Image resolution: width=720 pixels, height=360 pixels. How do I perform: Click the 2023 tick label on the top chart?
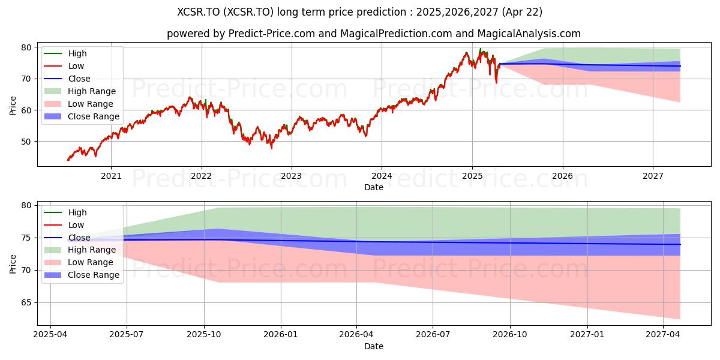291,176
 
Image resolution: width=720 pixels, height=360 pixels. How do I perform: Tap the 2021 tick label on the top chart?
111,176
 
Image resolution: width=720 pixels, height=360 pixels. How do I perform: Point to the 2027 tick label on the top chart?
653,176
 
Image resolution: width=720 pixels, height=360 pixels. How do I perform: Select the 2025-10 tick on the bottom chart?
204,335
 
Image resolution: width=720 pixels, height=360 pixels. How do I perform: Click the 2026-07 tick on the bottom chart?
433,335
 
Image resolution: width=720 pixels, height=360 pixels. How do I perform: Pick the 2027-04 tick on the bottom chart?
663,335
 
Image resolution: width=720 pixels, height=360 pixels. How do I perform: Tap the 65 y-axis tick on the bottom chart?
26,303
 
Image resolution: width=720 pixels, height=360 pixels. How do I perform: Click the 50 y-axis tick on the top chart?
26,142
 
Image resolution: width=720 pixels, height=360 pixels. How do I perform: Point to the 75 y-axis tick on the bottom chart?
26,238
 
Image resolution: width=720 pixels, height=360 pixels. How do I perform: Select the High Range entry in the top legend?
80,91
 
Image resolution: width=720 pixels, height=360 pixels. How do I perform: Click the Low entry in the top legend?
64,66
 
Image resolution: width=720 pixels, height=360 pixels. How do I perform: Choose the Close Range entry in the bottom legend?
82,275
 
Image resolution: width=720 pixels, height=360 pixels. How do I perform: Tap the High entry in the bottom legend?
65,212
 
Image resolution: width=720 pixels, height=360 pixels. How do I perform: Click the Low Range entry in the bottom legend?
79,263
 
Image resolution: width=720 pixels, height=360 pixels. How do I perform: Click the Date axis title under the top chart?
373,187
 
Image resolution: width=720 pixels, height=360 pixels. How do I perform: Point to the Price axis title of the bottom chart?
13,264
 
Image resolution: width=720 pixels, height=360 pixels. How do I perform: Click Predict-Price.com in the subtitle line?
272,34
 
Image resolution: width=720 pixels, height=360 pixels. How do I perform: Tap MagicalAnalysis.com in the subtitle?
529,34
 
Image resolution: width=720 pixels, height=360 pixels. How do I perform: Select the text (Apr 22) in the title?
523,12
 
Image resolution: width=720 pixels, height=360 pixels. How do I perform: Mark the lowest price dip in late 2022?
272,148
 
